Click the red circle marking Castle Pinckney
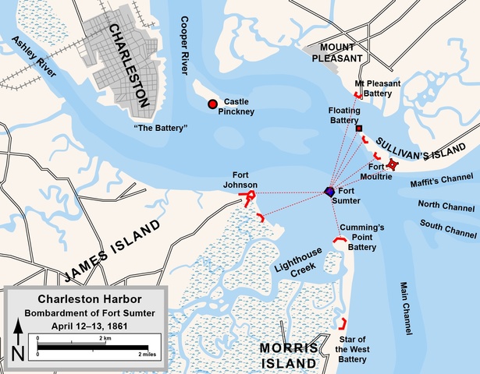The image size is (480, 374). click(212, 104)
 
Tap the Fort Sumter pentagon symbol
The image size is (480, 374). click(330, 192)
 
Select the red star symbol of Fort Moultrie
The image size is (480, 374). click(393, 164)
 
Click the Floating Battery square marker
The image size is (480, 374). click(359, 128)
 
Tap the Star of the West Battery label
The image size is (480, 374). click(352, 349)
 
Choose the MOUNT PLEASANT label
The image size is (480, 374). click(339, 53)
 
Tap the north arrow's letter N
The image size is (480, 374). click(18, 353)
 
